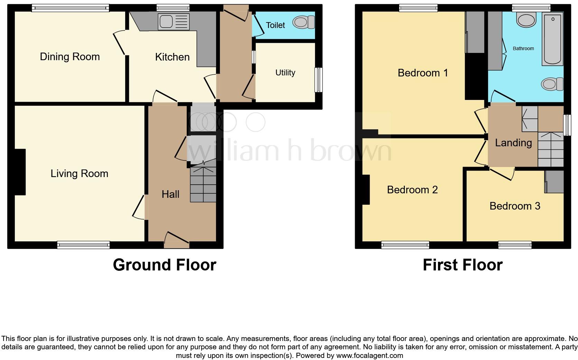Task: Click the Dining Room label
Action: tap(70, 57)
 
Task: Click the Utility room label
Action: tap(285, 73)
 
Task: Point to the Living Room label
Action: tap(79, 173)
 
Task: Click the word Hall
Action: tap(170, 194)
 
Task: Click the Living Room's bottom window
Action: tap(83, 245)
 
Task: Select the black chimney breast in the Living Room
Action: tap(20, 172)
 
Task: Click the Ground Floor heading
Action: tap(165, 265)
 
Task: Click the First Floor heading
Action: tap(463, 265)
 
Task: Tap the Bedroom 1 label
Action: tap(422, 73)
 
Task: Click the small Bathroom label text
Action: tap(523, 48)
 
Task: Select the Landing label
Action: tap(513, 142)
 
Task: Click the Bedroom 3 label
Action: tap(515, 206)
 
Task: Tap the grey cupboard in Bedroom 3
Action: tap(554, 182)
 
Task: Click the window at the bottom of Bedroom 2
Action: tap(405, 245)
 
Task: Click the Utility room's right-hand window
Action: tap(318, 80)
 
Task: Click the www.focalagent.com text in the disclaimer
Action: tap(369, 356)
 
